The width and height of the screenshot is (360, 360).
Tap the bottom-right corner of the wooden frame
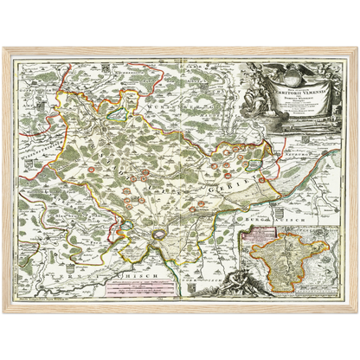click(356, 312)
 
